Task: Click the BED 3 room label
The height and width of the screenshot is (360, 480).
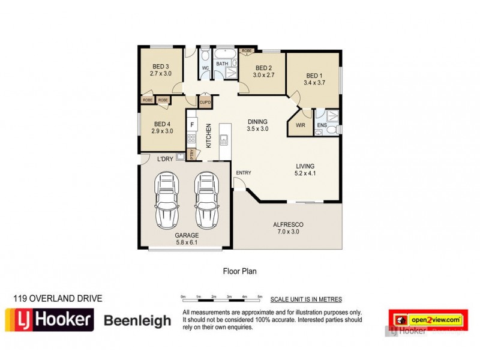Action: pyautogui.click(x=160, y=66)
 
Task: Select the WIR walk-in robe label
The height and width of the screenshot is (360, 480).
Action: pyautogui.click(x=300, y=125)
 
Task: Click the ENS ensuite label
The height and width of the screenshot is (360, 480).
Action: pyautogui.click(x=321, y=125)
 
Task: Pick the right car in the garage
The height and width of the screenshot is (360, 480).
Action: pyautogui.click(x=206, y=198)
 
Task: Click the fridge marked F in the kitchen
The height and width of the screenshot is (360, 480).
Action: pyautogui.click(x=192, y=125)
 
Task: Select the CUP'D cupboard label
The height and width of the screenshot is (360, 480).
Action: pyautogui.click(x=205, y=103)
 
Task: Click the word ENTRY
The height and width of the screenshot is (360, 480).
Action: pyautogui.click(x=244, y=173)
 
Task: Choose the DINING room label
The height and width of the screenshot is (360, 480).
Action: pyautogui.click(x=258, y=121)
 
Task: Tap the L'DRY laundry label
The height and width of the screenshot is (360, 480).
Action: pyautogui.click(x=165, y=160)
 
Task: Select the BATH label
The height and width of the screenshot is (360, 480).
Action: pyautogui.click(x=222, y=64)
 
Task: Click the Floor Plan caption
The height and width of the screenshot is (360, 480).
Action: pyautogui.click(x=239, y=271)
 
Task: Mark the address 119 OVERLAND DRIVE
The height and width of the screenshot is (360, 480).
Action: pyautogui.click(x=58, y=298)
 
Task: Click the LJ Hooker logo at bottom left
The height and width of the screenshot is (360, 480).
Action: pyautogui.click(x=49, y=320)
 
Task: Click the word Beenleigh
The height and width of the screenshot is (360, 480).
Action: pyautogui.click(x=137, y=321)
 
